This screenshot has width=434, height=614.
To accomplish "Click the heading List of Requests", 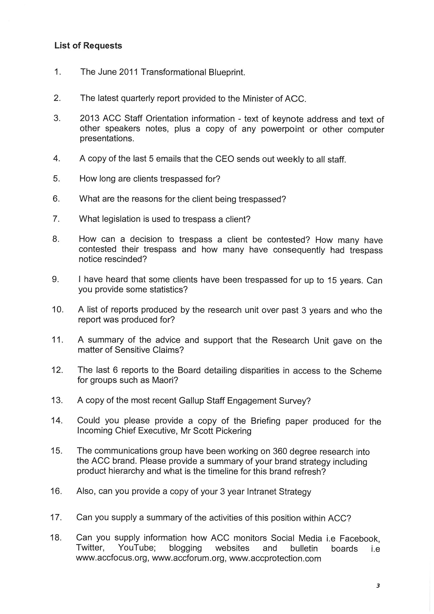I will [x=88, y=45].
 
